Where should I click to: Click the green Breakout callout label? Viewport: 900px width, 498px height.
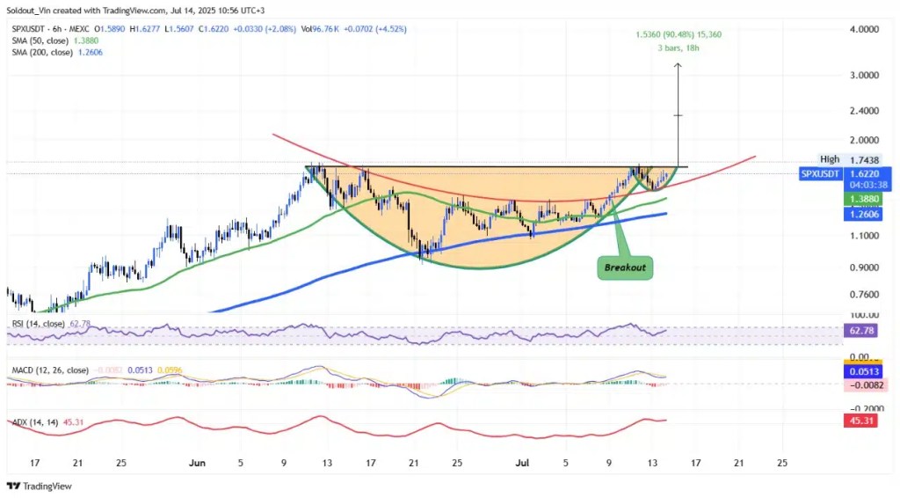click(626, 266)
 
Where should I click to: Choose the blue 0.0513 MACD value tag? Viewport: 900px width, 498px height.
click(865, 372)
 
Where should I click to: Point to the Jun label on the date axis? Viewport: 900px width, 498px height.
click(197, 462)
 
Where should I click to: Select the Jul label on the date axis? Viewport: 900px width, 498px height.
click(522, 462)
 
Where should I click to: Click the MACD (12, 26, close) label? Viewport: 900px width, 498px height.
click(47, 370)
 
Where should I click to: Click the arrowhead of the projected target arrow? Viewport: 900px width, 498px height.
click(678, 65)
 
